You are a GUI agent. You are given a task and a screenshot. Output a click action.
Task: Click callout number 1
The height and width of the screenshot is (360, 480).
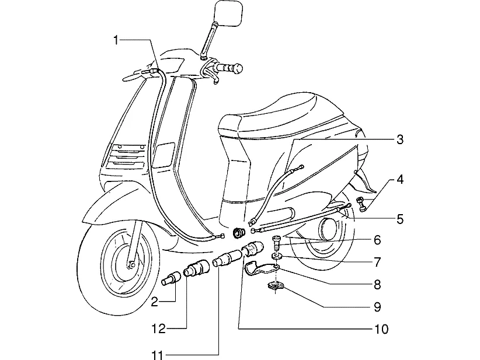point(116,40)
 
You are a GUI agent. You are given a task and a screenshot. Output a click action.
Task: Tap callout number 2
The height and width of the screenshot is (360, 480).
point(155,302)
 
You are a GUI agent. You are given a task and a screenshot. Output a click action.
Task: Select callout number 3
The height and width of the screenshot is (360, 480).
point(400,140)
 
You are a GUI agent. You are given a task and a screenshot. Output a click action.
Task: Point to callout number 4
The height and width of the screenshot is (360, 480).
point(400,180)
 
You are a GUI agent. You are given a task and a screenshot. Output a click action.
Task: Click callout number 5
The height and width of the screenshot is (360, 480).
point(400,219)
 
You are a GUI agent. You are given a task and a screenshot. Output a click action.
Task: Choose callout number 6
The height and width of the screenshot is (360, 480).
point(377,240)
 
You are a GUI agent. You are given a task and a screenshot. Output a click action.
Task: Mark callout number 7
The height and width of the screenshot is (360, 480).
point(377,262)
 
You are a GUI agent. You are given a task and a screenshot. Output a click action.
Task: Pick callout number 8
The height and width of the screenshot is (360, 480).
point(377,285)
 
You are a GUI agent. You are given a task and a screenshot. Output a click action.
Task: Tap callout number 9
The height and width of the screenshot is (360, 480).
point(377,307)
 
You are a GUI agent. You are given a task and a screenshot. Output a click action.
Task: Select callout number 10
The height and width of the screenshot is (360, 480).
point(381,330)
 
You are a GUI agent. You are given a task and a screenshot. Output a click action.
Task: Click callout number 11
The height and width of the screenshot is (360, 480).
point(158,355)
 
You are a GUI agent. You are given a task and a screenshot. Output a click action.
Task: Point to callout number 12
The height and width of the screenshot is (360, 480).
point(159,330)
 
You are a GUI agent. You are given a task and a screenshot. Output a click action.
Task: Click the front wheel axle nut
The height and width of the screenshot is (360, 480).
point(132,264)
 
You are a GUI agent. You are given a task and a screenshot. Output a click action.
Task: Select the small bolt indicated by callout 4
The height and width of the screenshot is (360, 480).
point(361,204)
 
